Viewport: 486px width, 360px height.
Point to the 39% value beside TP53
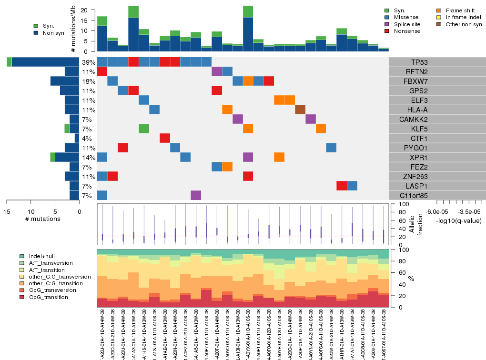click(x=89, y=62)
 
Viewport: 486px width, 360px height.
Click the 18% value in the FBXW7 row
click(x=89, y=81)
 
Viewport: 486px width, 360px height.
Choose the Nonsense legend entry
click(x=408, y=31)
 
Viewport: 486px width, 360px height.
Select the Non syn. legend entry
click(x=53, y=33)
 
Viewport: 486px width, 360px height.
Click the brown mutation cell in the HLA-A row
click(x=300, y=110)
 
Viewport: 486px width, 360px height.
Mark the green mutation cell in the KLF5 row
click(x=144, y=129)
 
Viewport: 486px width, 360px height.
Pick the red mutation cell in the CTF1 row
click(x=165, y=138)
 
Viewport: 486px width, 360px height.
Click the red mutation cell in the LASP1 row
click(x=342, y=186)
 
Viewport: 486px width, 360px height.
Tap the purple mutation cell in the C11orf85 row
click(x=196, y=195)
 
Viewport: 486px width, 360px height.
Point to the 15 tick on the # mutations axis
click(x=7, y=212)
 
